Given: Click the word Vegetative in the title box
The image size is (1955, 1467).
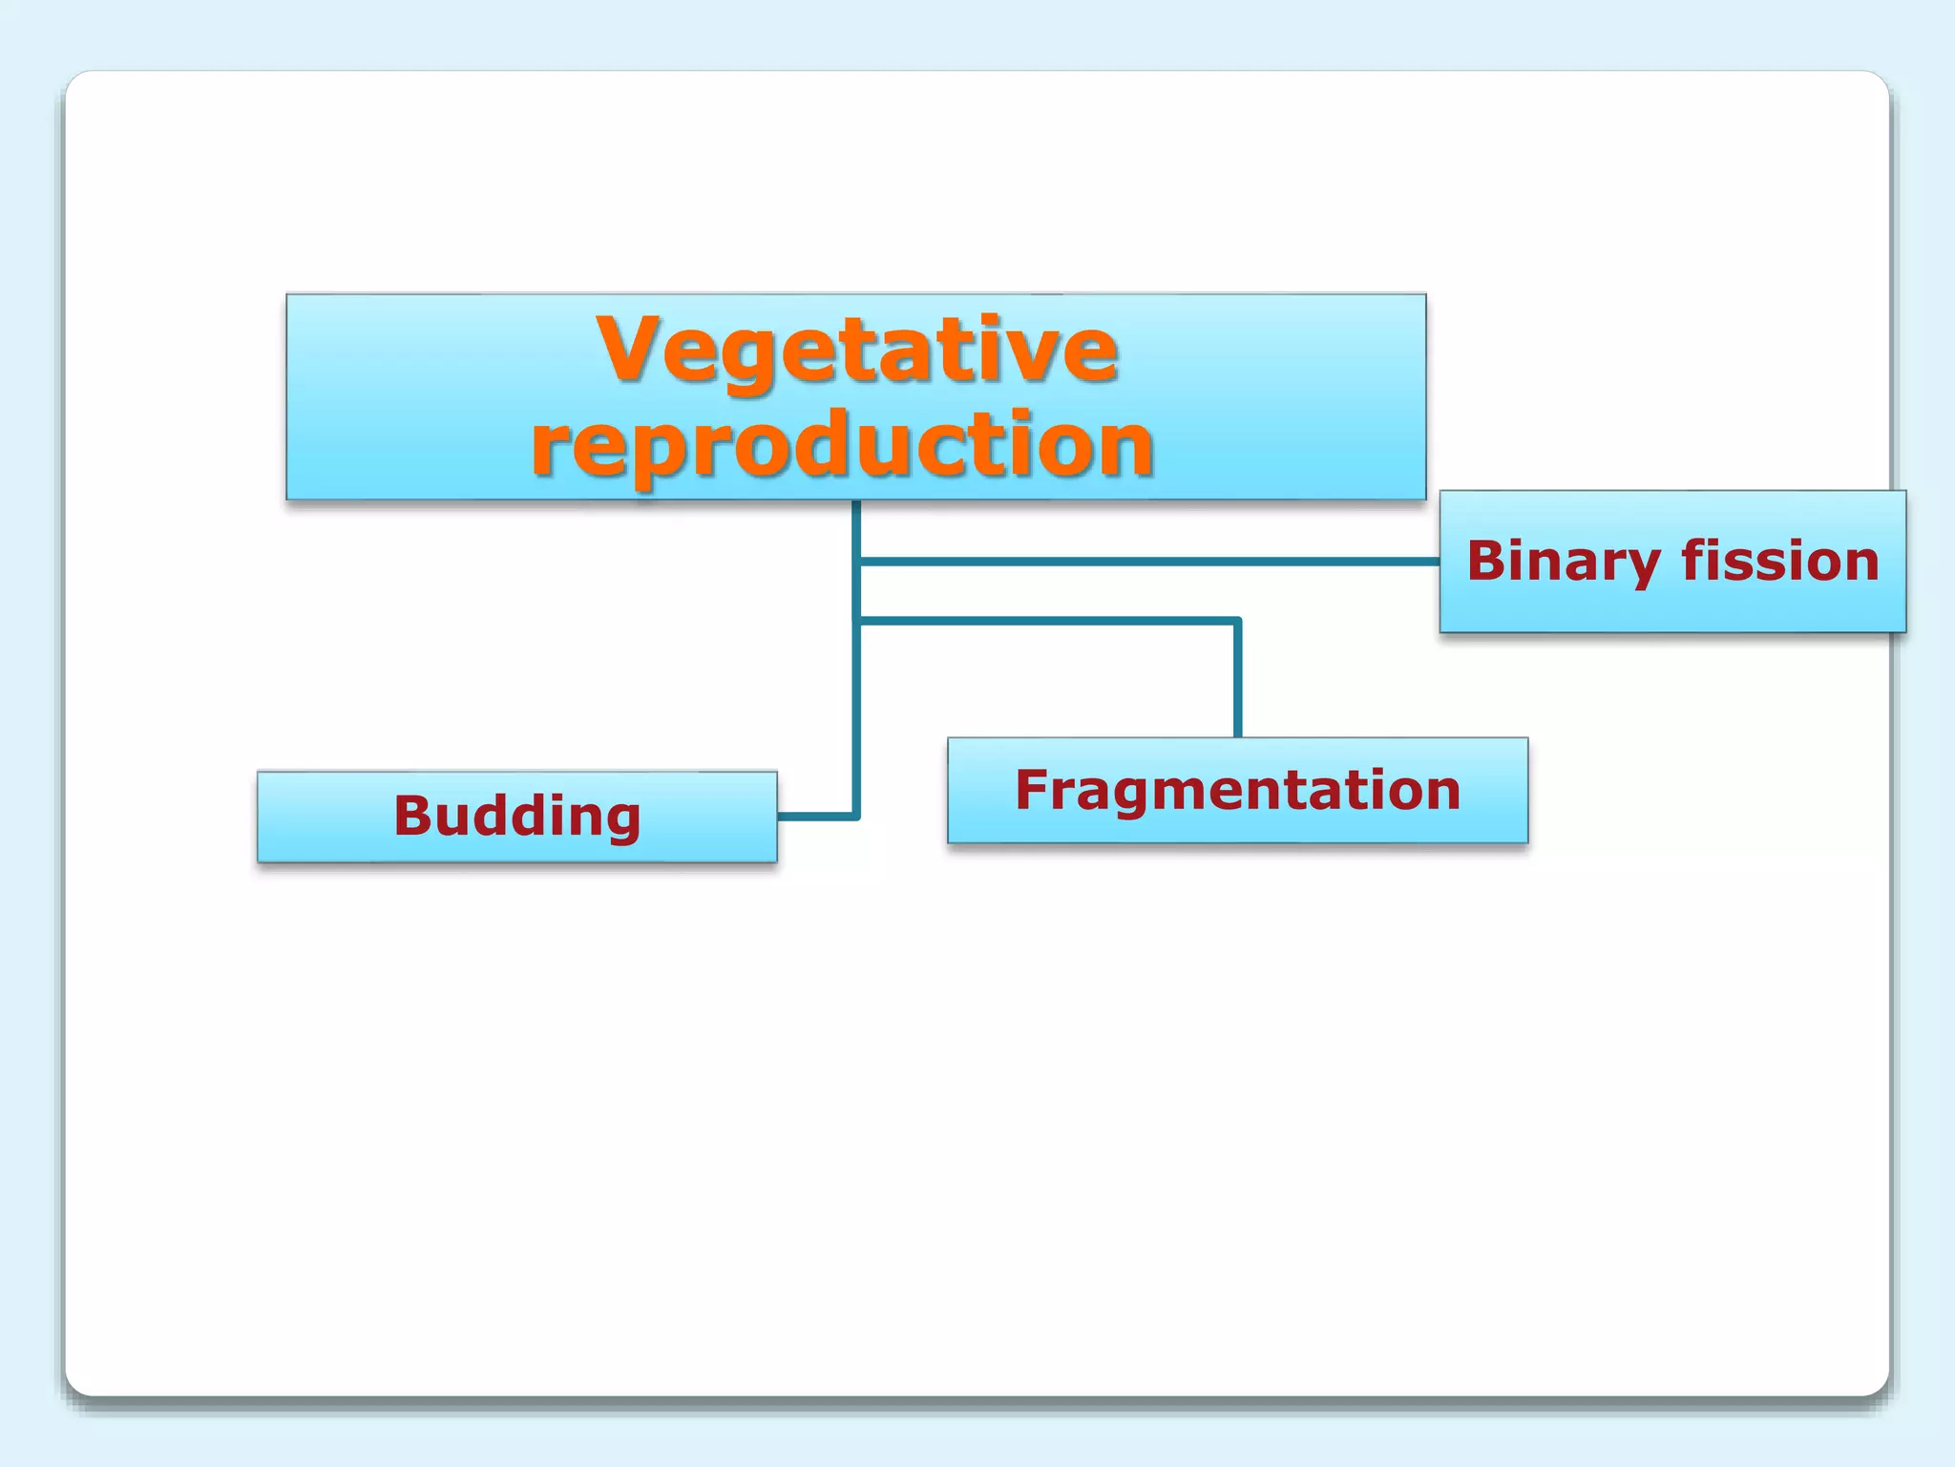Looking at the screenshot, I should (x=856, y=350).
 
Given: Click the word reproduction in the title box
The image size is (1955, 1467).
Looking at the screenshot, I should (x=843, y=444).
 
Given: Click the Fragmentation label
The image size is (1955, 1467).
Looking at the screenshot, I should (x=1237, y=791).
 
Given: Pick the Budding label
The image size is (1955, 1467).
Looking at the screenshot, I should (x=516, y=817).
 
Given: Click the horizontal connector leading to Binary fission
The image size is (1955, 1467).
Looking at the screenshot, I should (x=1146, y=562).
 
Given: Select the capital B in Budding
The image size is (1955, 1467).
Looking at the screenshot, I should (x=414, y=816).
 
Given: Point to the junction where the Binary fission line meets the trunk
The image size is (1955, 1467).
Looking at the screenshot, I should (x=857, y=562).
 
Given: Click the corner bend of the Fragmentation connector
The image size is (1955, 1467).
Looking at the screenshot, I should (x=1237, y=622).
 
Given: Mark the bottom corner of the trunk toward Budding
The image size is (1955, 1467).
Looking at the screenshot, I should (x=856, y=816).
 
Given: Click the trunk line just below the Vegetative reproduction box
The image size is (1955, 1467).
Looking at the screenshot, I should (x=857, y=525).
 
